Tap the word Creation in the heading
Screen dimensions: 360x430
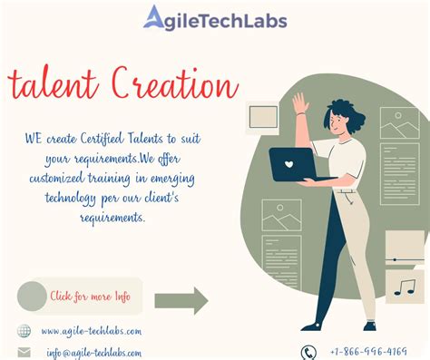coord(170,86)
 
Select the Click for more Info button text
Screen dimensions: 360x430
coord(90,296)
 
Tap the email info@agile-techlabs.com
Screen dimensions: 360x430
coord(94,353)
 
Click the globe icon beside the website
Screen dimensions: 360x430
coord(24,331)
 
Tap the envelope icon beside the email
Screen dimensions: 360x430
coord(24,353)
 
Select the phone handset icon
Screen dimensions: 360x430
coord(308,352)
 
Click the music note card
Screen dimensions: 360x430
coord(403,287)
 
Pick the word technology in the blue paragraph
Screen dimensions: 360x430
coord(63,201)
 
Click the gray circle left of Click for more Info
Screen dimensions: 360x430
coord(32,296)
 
